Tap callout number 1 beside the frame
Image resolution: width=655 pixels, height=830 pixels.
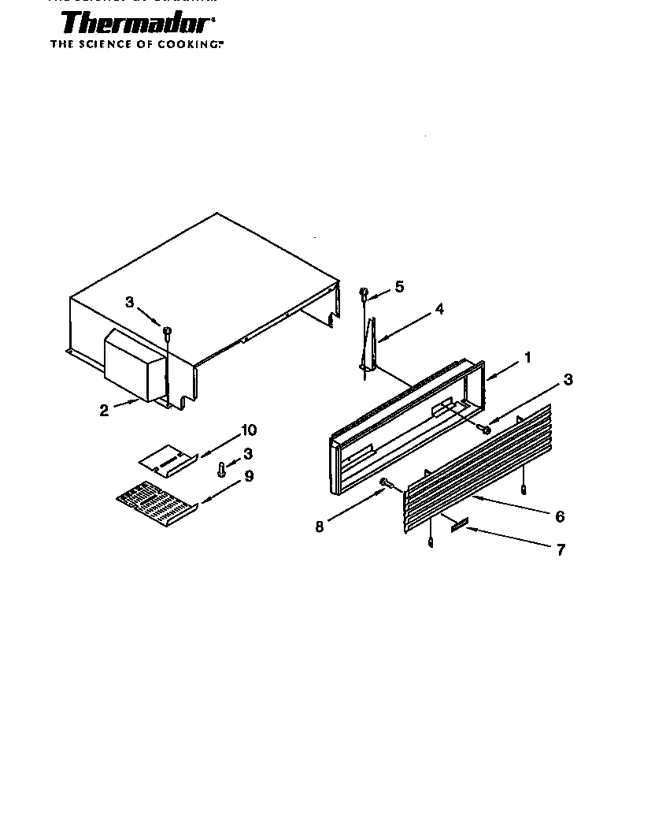(527, 357)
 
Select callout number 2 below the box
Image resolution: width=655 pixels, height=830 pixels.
(104, 411)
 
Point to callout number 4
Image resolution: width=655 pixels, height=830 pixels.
(439, 309)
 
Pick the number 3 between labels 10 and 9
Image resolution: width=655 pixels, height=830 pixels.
(248, 453)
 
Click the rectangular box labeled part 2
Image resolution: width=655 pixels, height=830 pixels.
(134, 364)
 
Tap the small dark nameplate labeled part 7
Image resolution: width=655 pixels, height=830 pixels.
(459, 523)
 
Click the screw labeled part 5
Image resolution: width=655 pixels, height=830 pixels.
(364, 295)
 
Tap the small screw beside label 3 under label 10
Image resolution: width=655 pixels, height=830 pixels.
(222, 470)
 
